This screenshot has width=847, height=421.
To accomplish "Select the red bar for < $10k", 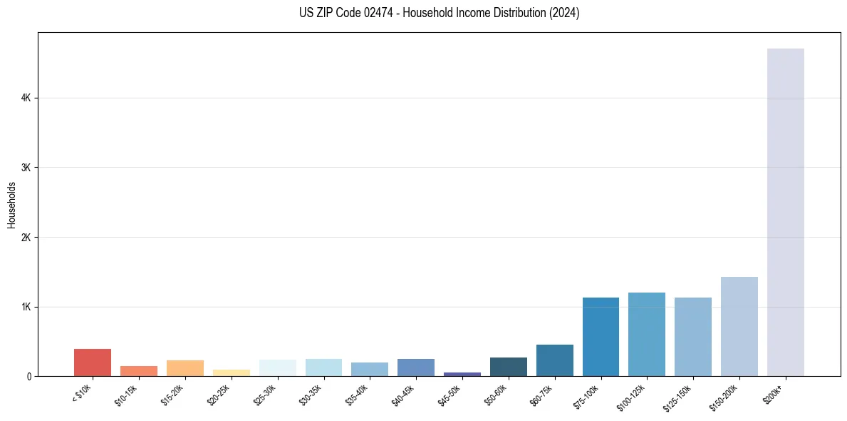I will (93, 362).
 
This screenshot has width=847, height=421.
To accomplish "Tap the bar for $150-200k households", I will (739, 326).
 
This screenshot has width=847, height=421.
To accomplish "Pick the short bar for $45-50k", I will (462, 374).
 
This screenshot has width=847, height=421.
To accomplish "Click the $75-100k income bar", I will (601, 337).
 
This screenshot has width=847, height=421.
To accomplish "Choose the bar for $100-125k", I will (647, 334).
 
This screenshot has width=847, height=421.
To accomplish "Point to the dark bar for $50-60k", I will (509, 367).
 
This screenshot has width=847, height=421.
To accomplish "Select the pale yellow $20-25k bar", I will (232, 372).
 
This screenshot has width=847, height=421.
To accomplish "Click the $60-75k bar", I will (554, 360).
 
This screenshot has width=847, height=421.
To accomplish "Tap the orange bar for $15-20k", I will (185, 368).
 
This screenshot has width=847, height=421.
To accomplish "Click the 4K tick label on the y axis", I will (26, 98).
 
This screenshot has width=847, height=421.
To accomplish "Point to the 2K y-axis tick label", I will (26, 237).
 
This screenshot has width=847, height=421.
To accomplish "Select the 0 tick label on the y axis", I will (29, 376).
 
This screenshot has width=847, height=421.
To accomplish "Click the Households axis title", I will (11, 205).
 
